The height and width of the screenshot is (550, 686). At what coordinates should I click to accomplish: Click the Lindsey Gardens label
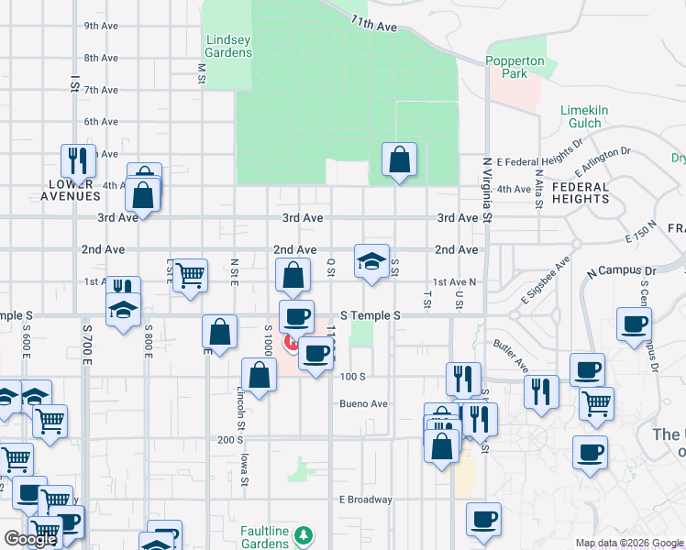click(x=228, y=46)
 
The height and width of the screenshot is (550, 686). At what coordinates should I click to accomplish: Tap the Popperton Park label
click(x=514, y=67)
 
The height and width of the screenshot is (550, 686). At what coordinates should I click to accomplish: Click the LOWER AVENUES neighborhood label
click(x=73, y=189)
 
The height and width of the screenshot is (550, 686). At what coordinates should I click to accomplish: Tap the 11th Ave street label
click(x=374, y=26)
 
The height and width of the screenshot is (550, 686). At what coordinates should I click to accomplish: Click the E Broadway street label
click(x=366, y=500)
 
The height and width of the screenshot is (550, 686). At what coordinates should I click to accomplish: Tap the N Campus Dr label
click(x=624, y=271)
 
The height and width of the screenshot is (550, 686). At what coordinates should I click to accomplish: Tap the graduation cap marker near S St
click(x=371, y=261)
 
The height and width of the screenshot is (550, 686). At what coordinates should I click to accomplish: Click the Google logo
click(x=30, y=539)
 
